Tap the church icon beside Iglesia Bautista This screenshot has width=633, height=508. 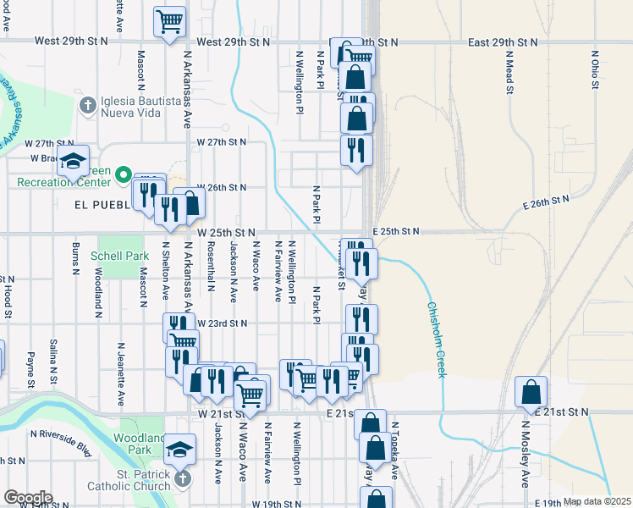[85, 106]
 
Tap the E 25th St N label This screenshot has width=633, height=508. [395, 231]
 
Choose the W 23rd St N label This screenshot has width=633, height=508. [222, 323]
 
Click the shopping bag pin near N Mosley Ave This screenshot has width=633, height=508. [531, 392]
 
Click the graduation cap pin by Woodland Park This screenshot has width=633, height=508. [180, 448]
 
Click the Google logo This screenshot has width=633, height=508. [28, 497]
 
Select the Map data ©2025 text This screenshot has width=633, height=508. [597, 501]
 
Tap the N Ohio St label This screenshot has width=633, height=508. [594, 69]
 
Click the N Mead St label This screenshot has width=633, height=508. [509, 71]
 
